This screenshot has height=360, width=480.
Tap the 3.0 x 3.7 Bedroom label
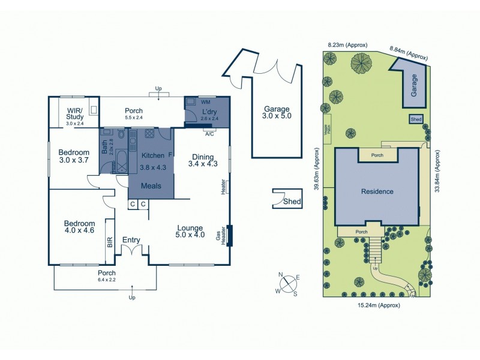74,156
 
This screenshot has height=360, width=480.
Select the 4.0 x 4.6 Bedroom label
80,227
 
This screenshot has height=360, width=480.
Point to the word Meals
151,186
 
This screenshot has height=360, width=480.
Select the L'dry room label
209,113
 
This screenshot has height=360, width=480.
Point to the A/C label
209,134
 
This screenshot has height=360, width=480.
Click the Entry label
131,240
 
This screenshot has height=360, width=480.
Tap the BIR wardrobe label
110,242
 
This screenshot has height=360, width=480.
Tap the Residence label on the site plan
377,192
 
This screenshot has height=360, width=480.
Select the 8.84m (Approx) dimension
409,55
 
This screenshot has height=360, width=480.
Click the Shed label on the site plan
416,119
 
